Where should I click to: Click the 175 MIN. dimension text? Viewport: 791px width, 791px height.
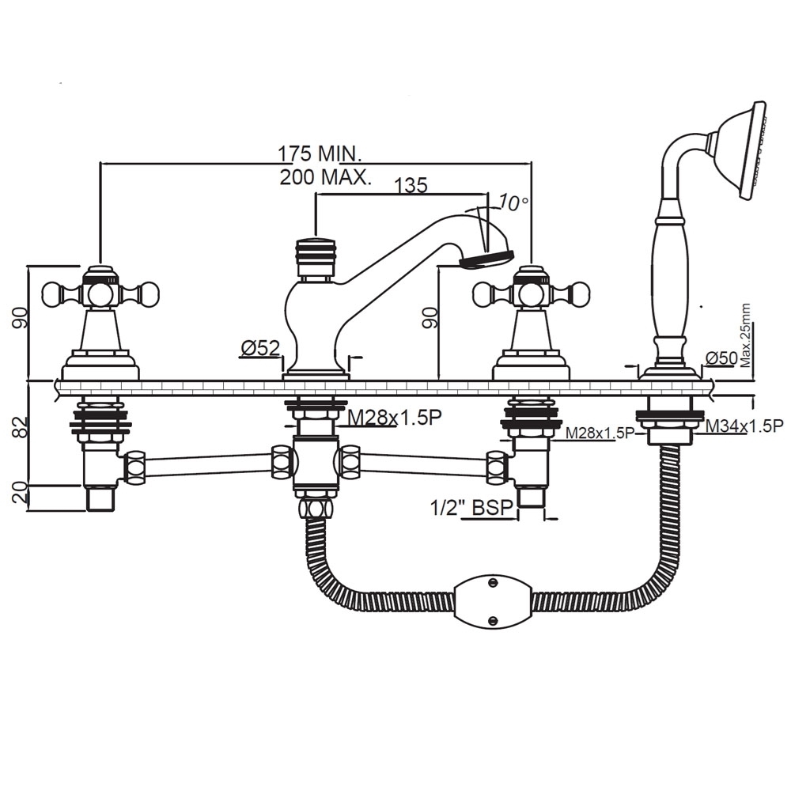click(x=319, y=152)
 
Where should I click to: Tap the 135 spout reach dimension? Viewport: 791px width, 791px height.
click(x=411, y=185)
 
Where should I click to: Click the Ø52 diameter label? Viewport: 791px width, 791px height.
click(x=260, y=347)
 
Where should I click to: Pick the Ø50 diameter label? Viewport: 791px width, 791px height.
click(x=721, y=358)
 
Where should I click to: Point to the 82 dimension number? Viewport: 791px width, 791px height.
click(x=21, y=428)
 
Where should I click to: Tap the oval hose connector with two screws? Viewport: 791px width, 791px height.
click(x=492, y=601)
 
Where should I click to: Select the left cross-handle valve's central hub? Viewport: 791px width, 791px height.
click(x=100, y=294)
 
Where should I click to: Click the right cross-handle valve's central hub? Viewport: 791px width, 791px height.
click(x=531, y=294)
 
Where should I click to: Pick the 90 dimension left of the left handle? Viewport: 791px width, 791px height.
click(x=21, y=319)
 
